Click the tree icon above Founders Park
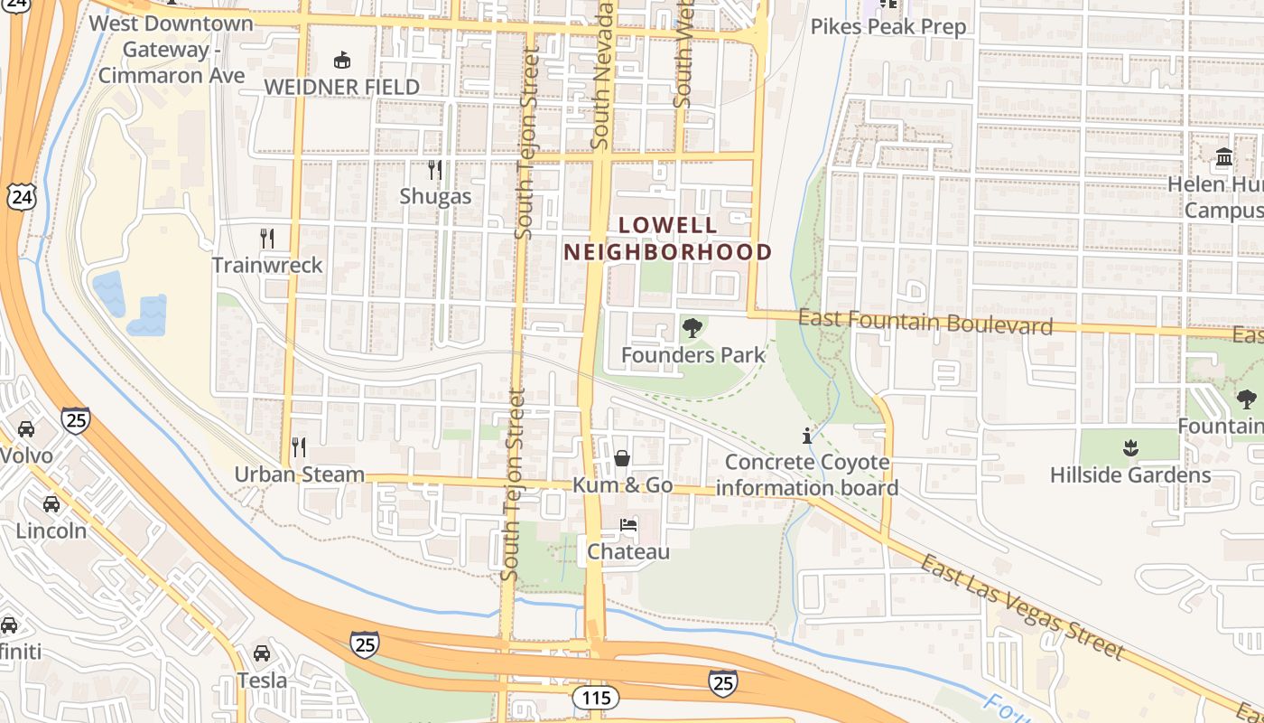coord(692,328)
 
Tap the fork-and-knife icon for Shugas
coord(434,169)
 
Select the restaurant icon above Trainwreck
coord(267,238)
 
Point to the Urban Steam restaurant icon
coord(299,446)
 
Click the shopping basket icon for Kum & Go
coord(622,458)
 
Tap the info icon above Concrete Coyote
coord(806,436)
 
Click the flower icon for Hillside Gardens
coord(1129,447)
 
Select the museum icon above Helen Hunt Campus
coord(1224,157)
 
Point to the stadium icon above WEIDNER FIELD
coord(341,61)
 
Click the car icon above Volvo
coord(26,428)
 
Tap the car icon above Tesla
coord(262,653)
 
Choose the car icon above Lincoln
coord(51,503)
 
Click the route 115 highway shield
coord(595,697)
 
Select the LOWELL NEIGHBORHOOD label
coord(668,239)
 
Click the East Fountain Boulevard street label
coord(925,322)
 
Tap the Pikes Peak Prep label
coord(888,26)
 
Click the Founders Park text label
coord(693,355)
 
